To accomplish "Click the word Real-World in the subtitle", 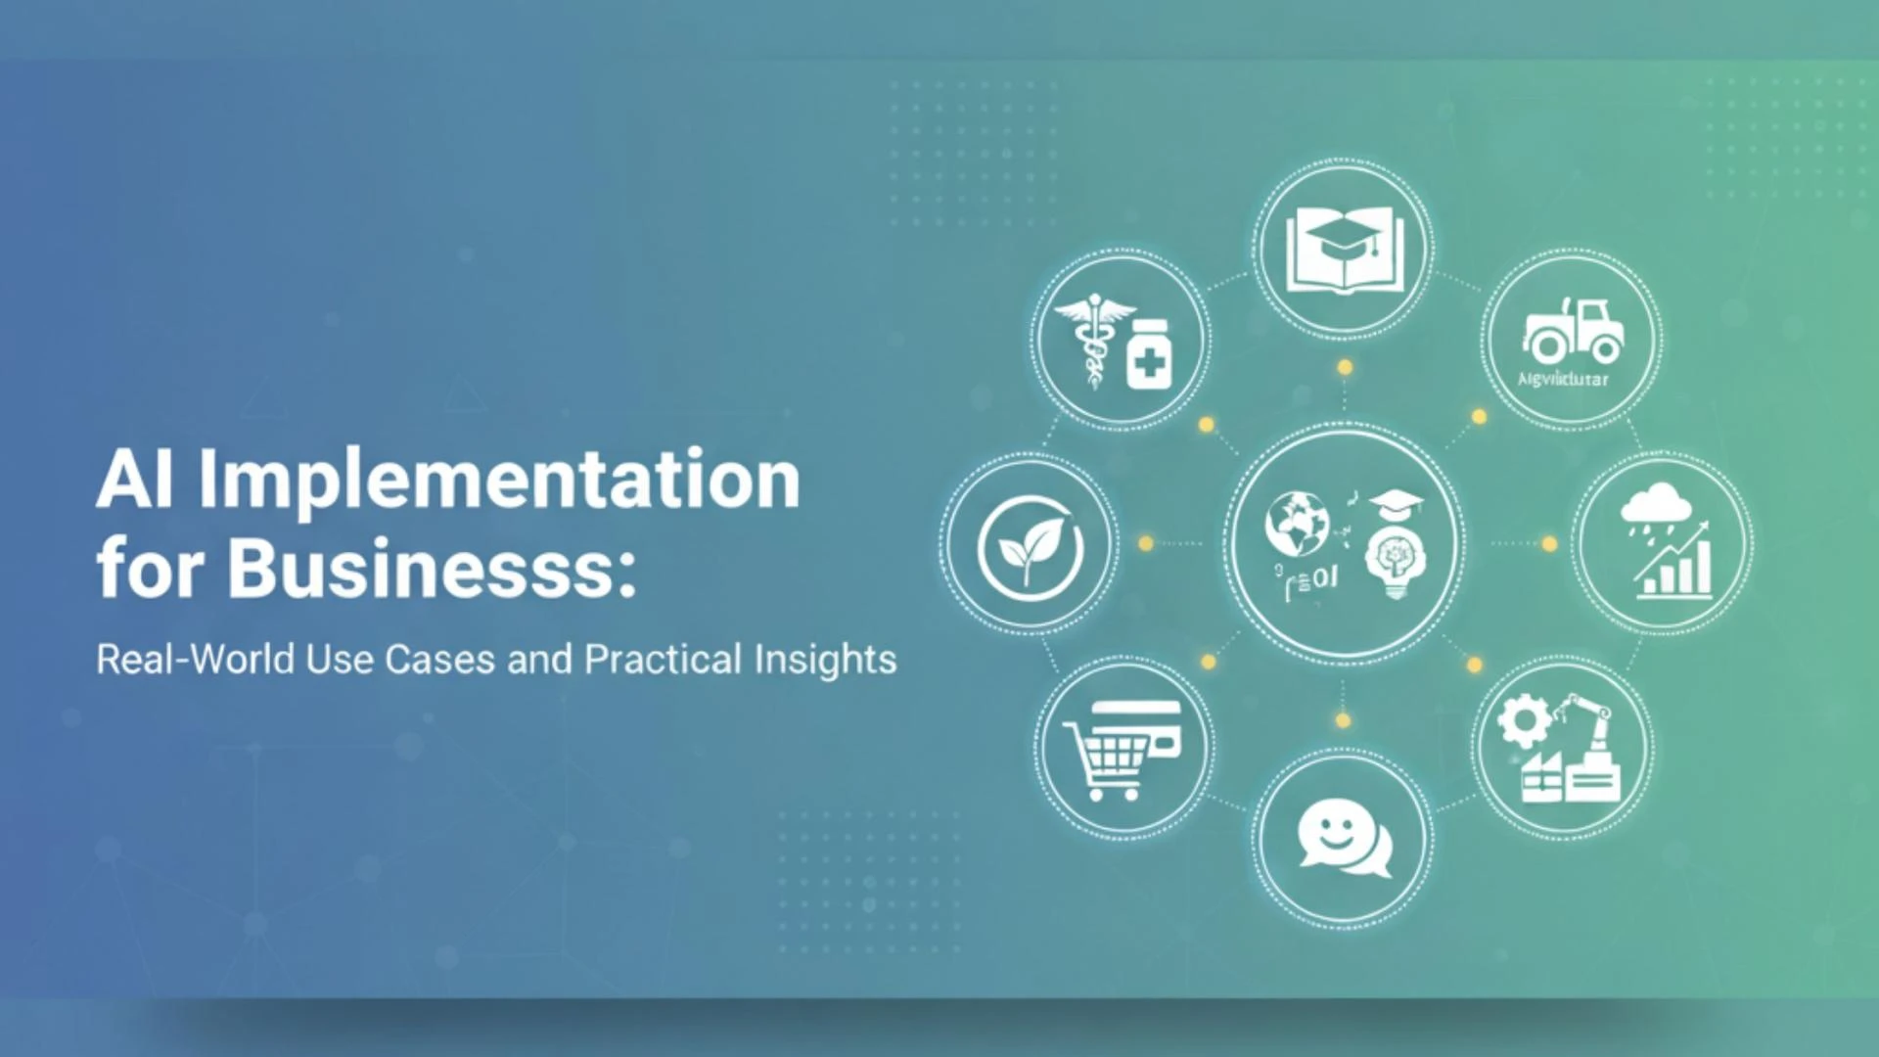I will click(195, 660).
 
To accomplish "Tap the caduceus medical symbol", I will click(1092, 338).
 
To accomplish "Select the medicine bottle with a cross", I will click(1151, 354).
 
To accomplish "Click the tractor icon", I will click(1573, 330).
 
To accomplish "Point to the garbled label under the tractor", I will click(1563, 379).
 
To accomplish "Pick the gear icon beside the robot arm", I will click(1524, 721).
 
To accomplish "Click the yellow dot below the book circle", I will click(1346, 368).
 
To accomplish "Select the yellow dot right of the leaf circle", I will click(1146, 543).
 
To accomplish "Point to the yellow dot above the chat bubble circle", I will click(1343, 721).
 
